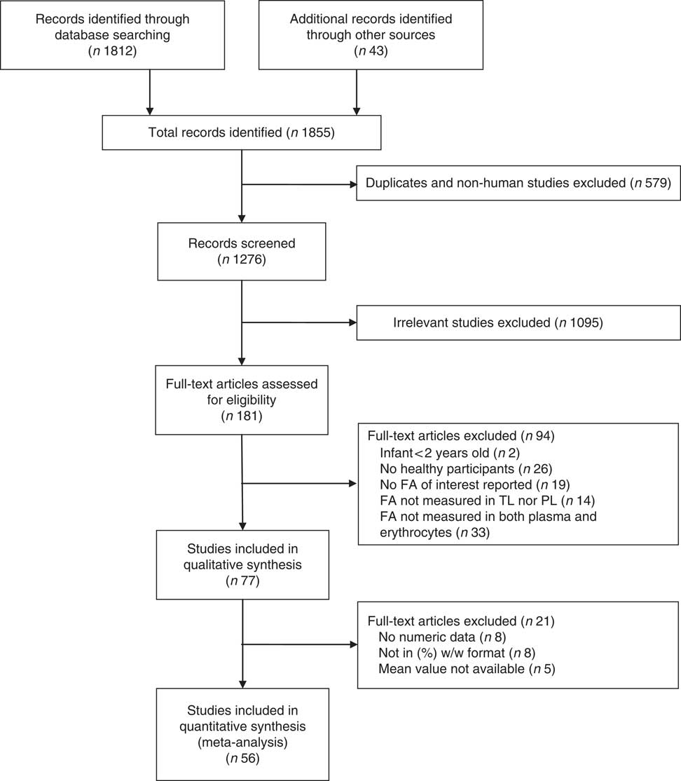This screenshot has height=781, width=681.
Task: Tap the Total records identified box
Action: [241, 132]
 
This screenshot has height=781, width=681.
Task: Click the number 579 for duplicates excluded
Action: [656, 184]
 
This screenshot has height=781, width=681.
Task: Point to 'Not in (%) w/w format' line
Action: [445, 652]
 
